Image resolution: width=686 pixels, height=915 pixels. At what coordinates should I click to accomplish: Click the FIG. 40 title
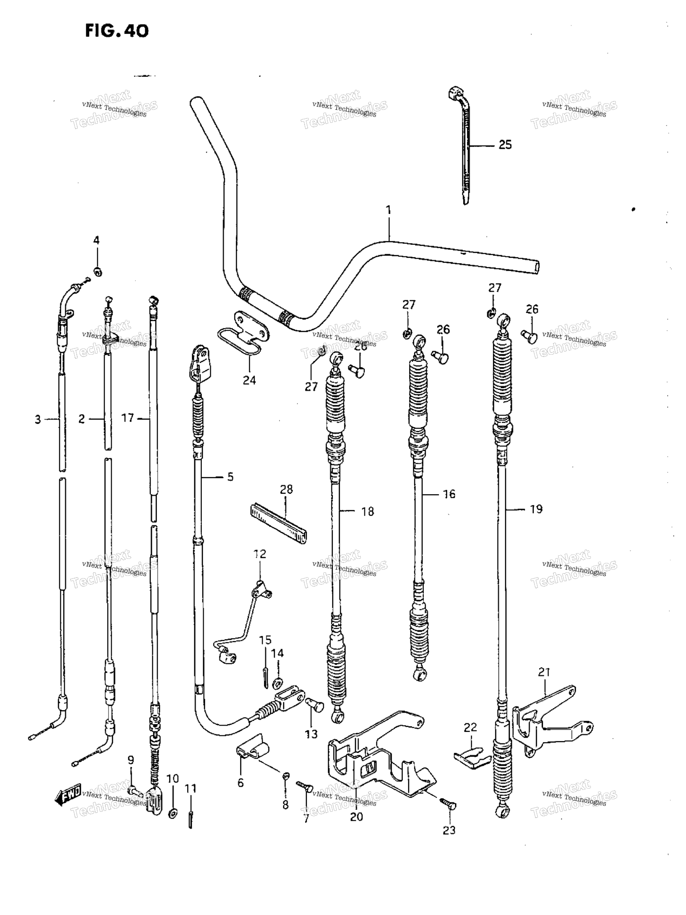(x=117, y=31)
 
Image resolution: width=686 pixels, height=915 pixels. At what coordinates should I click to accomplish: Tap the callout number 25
(x=505, y=145)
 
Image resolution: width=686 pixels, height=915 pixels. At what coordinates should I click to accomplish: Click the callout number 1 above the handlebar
(x=389, y=210)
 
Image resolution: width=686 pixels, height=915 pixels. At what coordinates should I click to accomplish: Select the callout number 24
(x=249, y=380)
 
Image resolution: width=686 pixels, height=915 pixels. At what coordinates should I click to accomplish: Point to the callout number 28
(x=286, y=490)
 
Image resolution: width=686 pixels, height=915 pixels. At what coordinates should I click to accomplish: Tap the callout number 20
(x=356, y=817)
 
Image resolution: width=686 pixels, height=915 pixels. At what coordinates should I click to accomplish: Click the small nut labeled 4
(x=97, y=271)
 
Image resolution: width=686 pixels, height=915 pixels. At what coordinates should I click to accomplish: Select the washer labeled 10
(x=172, y=814)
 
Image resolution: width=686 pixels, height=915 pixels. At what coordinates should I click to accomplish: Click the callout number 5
(x=230, y=477)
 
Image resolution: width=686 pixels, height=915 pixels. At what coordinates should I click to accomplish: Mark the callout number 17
(x=128, y=418)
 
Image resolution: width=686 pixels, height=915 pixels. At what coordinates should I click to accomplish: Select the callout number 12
(x=259, y=554)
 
